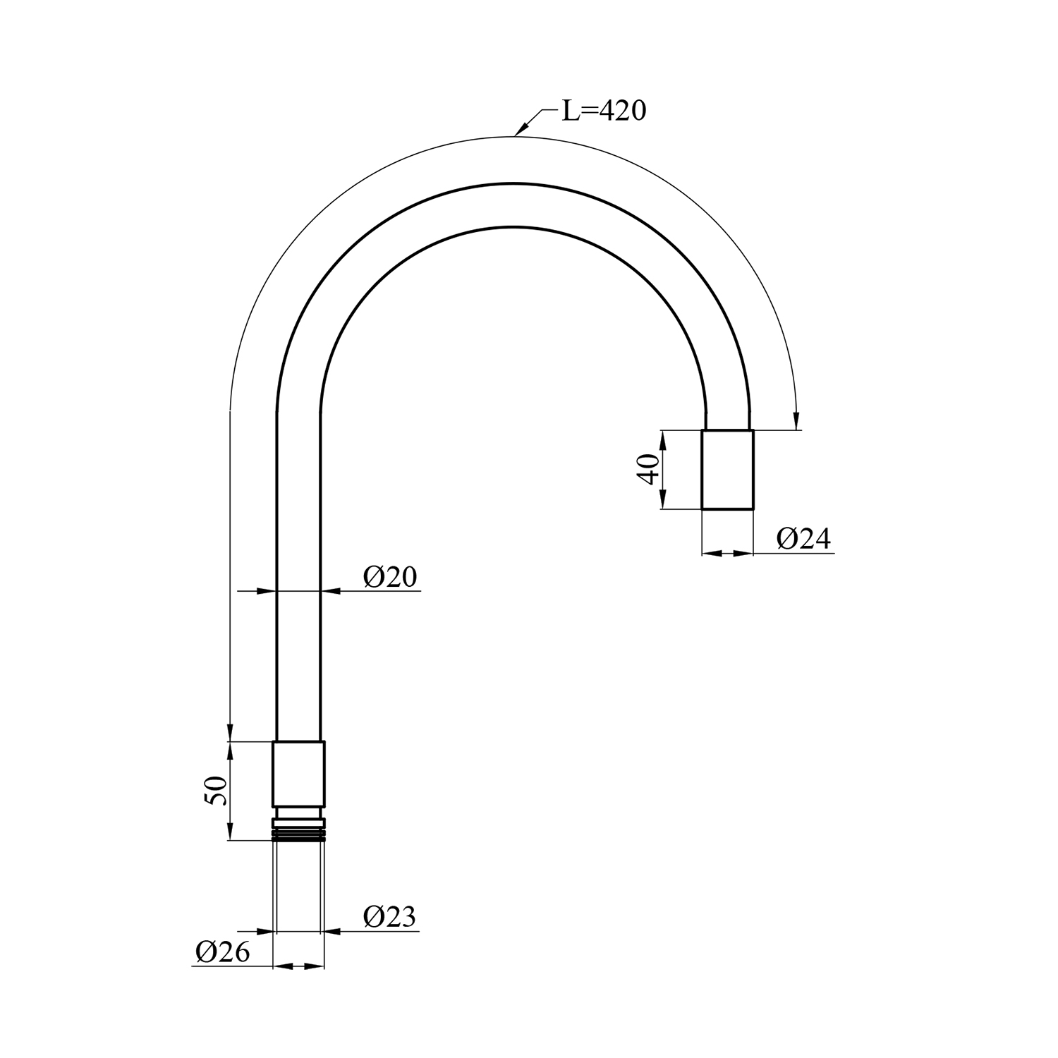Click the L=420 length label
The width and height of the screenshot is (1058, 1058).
pos(604,111)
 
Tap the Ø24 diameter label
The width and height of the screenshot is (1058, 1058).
pos(804,540)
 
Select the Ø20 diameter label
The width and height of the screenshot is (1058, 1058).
pos(390,577)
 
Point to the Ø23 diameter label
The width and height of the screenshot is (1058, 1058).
pos(390,917)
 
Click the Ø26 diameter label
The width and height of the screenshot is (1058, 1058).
pos(223,953)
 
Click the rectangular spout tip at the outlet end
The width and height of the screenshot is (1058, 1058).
pos(727,469)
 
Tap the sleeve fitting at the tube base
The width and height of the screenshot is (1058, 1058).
pos(298,774)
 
